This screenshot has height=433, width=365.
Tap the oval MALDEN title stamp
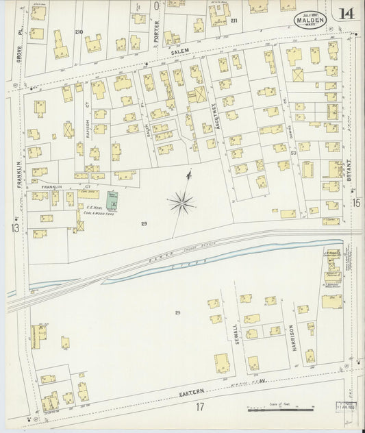click(x=309, y=19)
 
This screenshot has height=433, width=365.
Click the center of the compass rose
click(x=181, y=202)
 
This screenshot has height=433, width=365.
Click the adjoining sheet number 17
click(x=200, y=408)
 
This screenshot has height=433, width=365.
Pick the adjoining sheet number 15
click(x=356, y=203)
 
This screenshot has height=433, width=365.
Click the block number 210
click(x=79, y=32)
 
